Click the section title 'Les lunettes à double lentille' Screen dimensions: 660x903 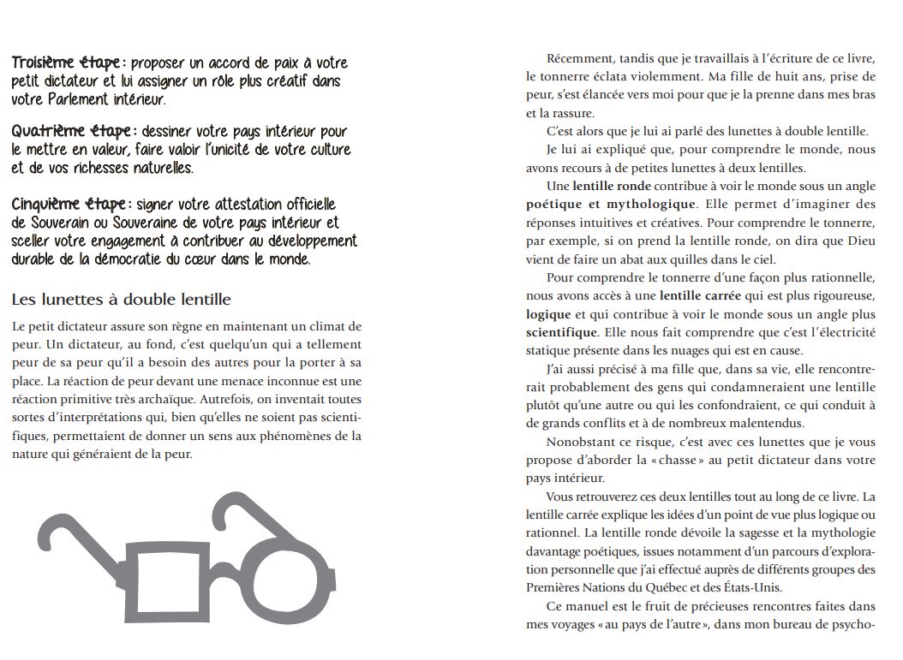(121, 300)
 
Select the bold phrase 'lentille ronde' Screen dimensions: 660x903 (612, 186)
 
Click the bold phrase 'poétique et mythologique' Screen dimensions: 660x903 (611, 205)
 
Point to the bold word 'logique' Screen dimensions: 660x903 (548, 314)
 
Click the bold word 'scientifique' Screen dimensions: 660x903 (561, 332)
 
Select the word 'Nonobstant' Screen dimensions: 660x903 (580, 442)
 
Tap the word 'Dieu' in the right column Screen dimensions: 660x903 (862, 241)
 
